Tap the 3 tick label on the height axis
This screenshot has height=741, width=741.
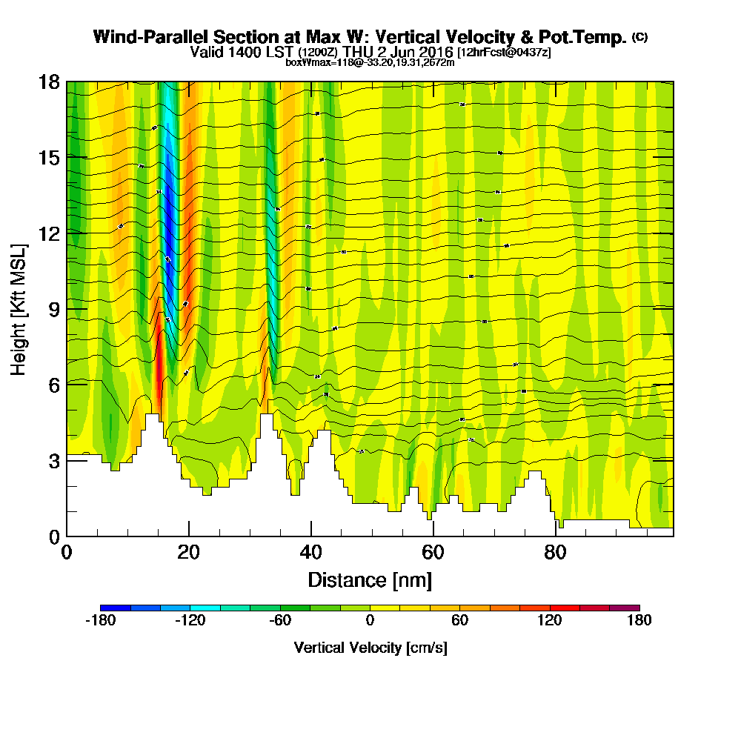54,460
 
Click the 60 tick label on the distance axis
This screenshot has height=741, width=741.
433,553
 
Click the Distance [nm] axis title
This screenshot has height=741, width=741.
370,579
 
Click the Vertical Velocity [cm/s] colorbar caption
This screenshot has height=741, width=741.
370,648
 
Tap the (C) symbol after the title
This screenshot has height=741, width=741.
639,37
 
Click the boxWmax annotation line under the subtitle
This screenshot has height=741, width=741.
370,62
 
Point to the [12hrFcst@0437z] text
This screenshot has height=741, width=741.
504,53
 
